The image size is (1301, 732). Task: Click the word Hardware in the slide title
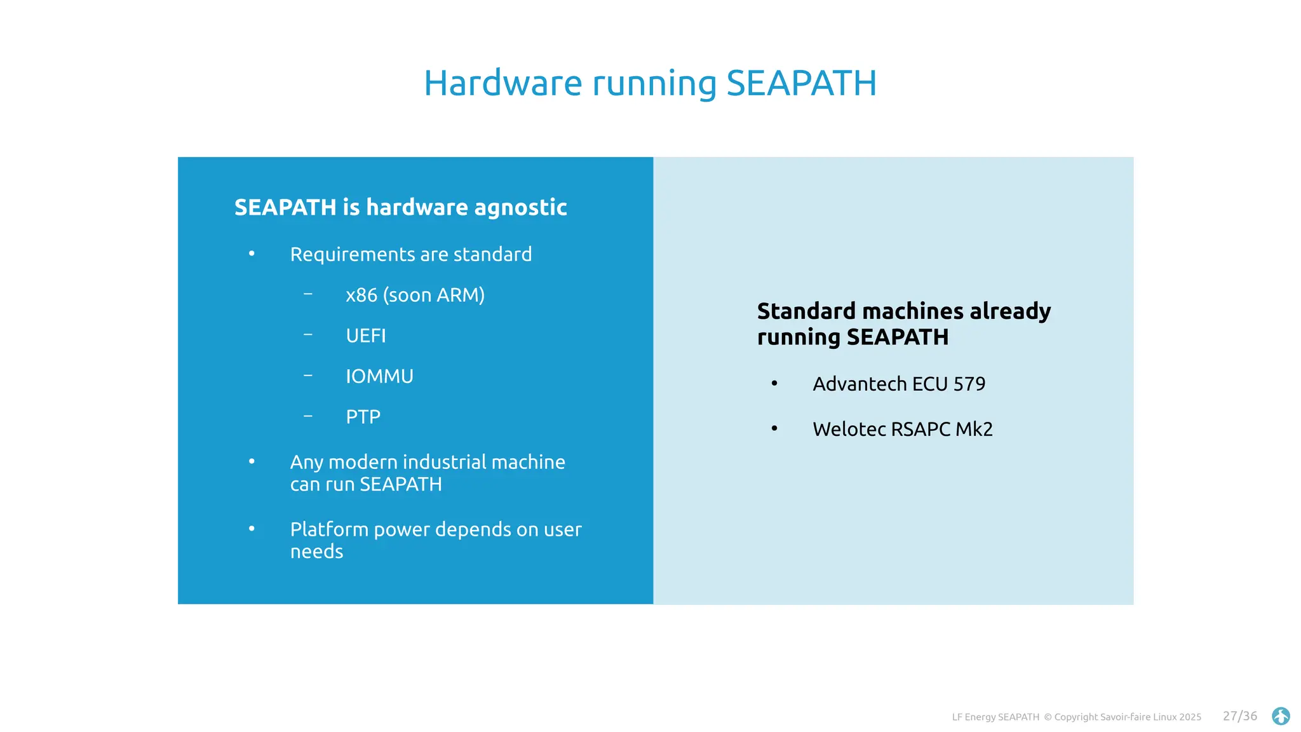(x=502, y=83)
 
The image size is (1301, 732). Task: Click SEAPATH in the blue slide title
(x=801, y=83)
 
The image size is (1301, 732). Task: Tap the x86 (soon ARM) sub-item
(x=415, y=295)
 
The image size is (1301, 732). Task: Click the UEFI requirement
(x=365, y=335)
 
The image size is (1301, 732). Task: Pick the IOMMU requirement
(x=379, y=376)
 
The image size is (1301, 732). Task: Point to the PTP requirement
(x=363, y=417)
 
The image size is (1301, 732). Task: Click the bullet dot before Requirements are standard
(x=252, y=254)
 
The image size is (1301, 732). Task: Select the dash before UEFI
(x=308, y=334)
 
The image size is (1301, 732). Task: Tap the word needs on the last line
(x=316, y=552)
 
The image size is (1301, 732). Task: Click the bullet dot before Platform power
(x=252, y=529)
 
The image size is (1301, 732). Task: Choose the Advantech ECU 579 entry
(x=898, y=384)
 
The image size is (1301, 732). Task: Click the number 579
(x=969, y=384)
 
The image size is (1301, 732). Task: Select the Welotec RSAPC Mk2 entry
(x=902, y=429)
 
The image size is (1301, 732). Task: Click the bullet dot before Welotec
(x=774, y=429)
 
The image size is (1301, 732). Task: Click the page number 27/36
(x=1239, y=716)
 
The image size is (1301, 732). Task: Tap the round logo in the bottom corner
(x=1281, y=716)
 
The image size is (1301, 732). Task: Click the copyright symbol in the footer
(x=1048, y=717)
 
